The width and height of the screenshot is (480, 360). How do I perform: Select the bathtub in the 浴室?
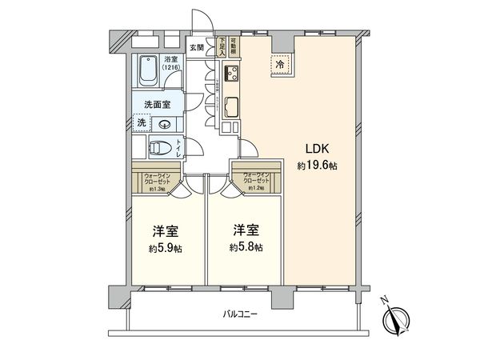point(149,74)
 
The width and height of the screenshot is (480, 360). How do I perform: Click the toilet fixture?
point(161,146)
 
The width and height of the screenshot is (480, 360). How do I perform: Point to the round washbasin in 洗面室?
point(163,123)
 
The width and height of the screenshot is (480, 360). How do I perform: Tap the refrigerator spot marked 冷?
point(281,64)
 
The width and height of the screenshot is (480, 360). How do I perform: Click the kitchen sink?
point(231,106)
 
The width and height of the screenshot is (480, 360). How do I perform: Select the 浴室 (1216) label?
point(172,63)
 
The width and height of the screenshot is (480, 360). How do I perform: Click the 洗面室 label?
point(157,104)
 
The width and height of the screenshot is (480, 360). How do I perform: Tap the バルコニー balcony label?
point(240,314)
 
